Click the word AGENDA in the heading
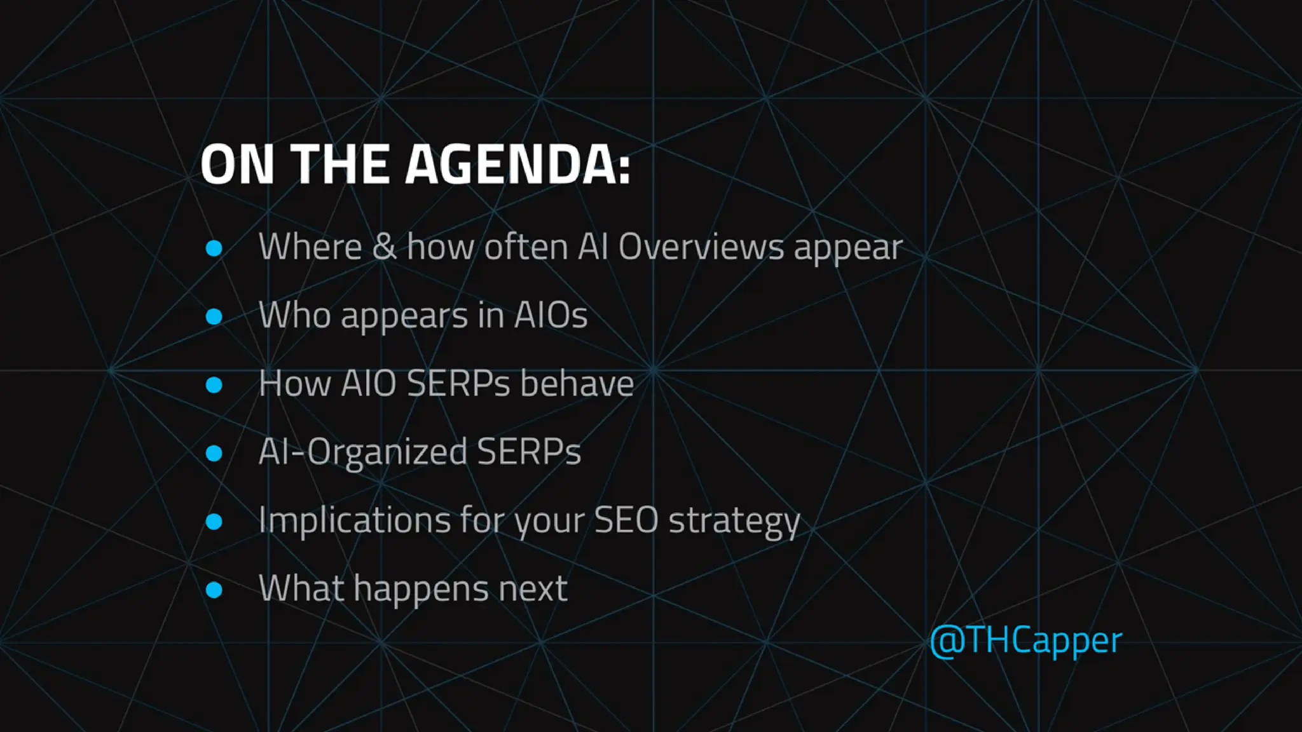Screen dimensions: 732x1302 point(509,164)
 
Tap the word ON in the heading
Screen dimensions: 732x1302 point(236,164)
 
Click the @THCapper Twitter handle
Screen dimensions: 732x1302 point(1025,640)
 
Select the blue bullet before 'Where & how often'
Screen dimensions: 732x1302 point(214,248)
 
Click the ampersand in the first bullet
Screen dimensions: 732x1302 point(383,247)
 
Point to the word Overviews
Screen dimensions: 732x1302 point(701,247)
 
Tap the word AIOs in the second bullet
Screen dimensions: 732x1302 point(551,315)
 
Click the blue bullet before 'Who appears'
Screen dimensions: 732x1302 point(214,316)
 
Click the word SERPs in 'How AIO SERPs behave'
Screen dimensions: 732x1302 point(458,384)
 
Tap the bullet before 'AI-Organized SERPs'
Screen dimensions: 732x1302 point(214,453)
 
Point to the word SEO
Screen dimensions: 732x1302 point(626,520)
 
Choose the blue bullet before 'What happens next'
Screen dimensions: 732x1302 point(214,590)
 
